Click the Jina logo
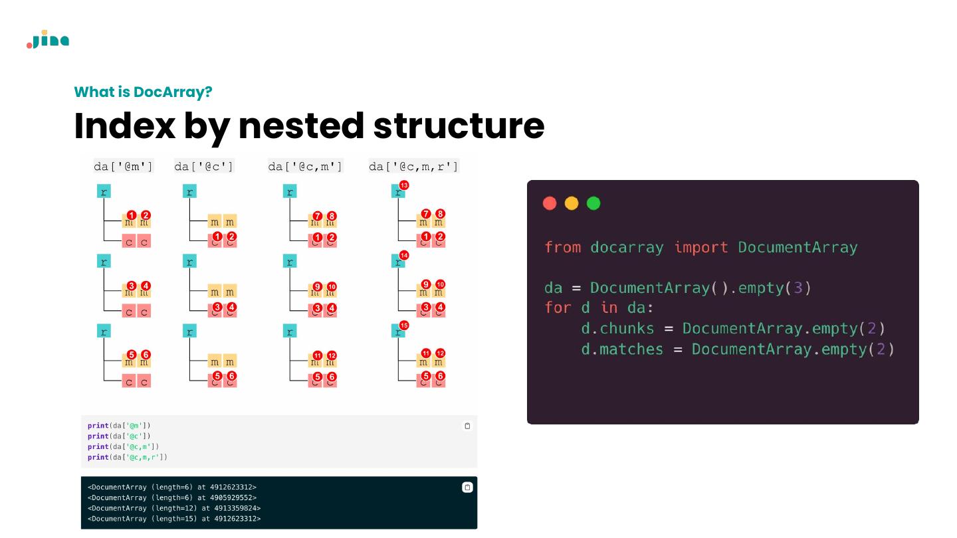(48, 40)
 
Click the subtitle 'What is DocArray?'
(143, 92)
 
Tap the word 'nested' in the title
(302, 126)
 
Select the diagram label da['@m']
(124, 166)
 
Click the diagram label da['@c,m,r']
(413, 166)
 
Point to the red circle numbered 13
(404, 185)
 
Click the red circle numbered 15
(404, 325)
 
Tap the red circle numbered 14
(404, 255)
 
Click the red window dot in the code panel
(550, 203)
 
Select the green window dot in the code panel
(593, 203)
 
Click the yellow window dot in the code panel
(572, 203)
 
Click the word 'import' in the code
(701, 248)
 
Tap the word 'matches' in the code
(631, 349)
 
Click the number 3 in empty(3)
(798, 288)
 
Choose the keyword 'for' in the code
(558, 308)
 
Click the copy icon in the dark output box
(467, 487)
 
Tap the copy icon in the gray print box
(467, 426)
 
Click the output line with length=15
(174, 519)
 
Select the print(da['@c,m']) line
(124, 447)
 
